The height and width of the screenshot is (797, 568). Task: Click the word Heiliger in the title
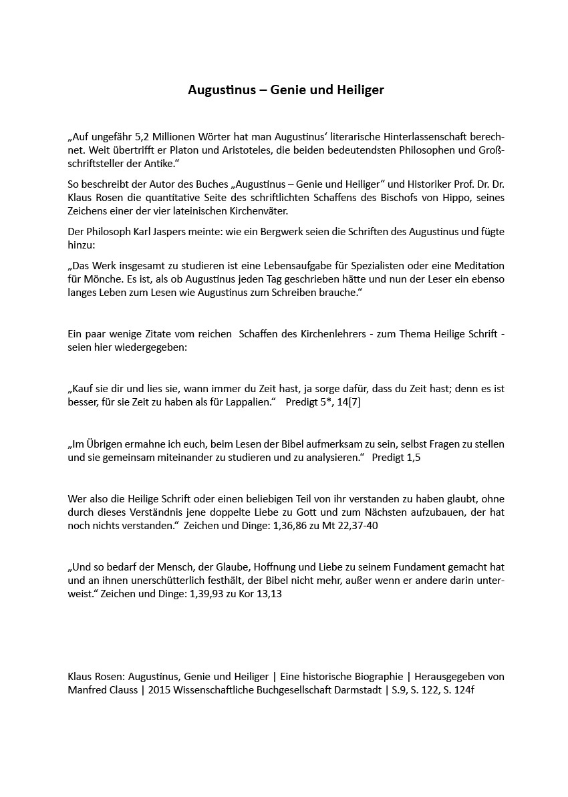tap(362, 90)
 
